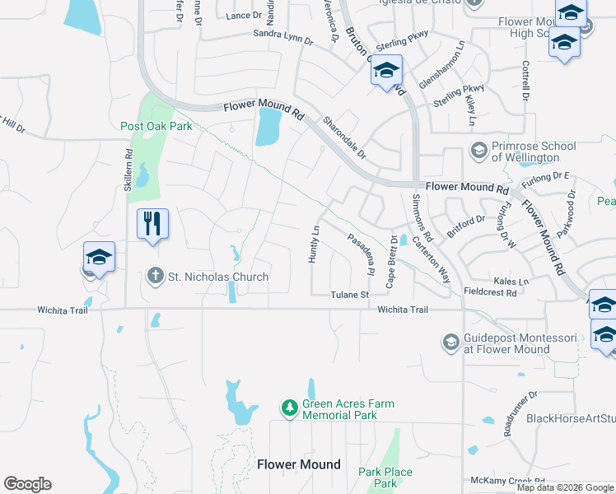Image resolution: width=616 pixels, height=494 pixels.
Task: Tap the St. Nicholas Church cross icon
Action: (156, 277)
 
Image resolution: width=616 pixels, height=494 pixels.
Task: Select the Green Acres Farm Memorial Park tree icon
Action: (289, 408)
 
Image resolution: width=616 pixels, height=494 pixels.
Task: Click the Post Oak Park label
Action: (156, 126)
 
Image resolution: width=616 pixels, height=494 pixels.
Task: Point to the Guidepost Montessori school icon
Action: (450, 342)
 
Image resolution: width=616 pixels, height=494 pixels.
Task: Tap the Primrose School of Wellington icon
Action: (478, 151)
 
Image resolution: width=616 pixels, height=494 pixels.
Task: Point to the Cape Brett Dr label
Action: (394, 261)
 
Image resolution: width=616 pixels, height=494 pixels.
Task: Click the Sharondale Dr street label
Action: (344, 137)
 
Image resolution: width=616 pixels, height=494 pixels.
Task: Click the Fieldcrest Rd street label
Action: (490, 292)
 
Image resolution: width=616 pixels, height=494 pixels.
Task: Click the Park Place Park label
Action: (385, 478)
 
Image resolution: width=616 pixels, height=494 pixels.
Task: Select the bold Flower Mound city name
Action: (298, 464)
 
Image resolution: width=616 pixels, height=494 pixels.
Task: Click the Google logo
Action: (27, 484)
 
